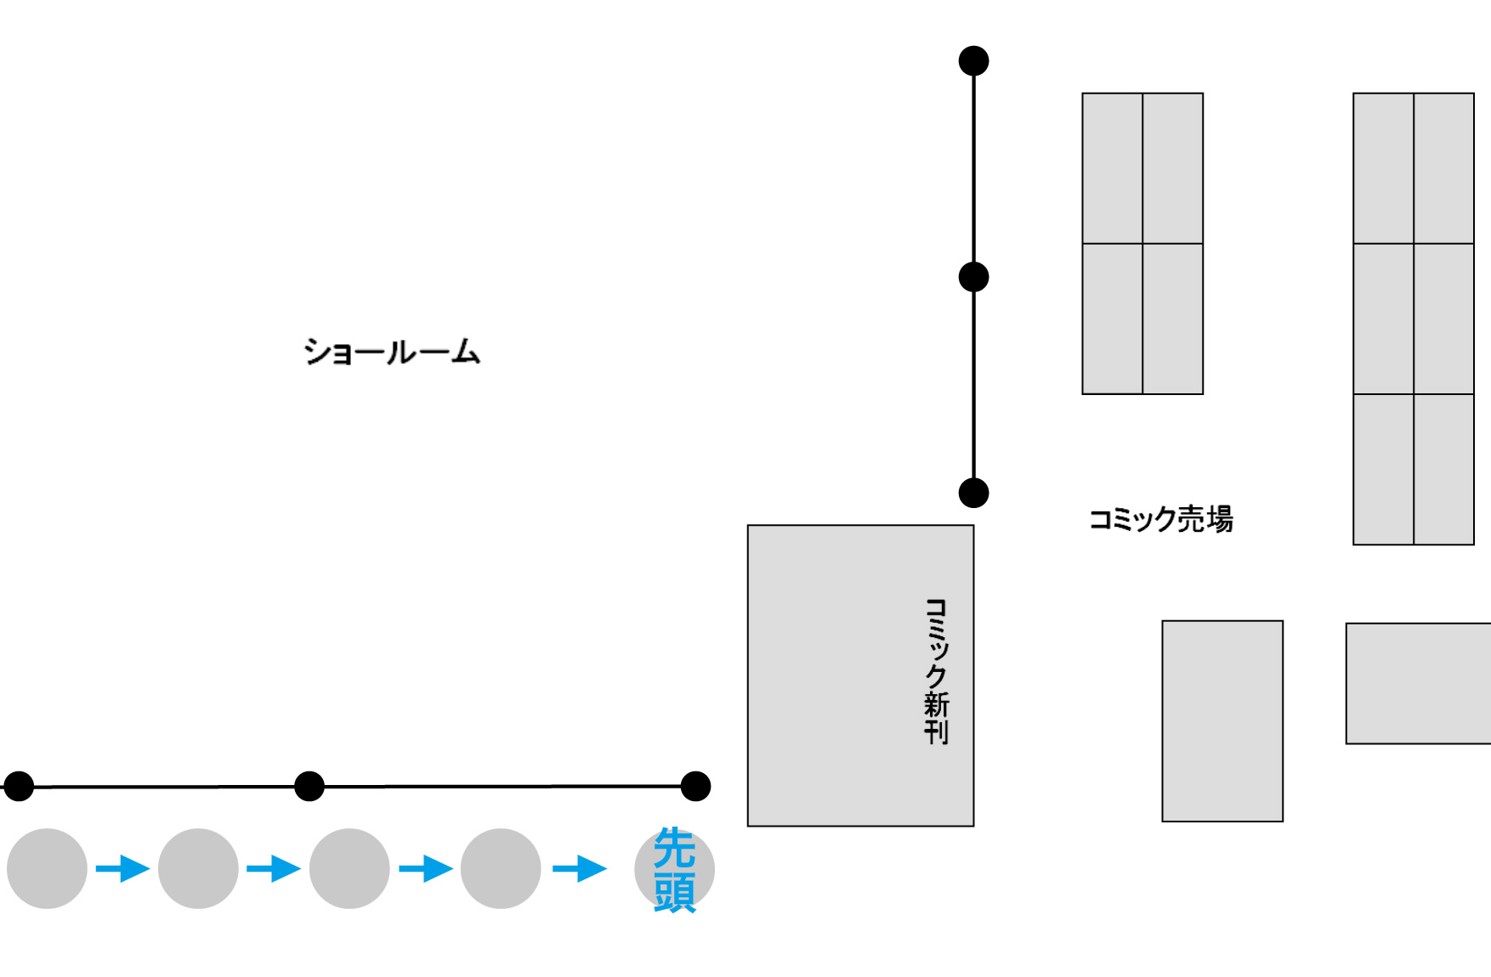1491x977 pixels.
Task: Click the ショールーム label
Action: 392,351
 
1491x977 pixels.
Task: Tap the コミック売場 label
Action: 1160,519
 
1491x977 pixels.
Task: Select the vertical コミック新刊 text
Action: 936,671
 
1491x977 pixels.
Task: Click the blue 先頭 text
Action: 674,870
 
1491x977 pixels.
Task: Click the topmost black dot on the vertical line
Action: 973,61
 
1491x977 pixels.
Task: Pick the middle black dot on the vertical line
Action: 973,277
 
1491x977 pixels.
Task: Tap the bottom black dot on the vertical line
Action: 973,493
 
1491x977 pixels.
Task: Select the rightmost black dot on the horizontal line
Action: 695,787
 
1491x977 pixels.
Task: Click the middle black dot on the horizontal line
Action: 309,787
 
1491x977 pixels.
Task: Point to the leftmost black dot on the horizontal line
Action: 19,787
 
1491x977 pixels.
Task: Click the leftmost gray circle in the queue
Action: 47,868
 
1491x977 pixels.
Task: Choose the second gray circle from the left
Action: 198,868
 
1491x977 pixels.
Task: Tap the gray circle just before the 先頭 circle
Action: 501,868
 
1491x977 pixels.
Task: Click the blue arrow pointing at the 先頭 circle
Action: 580,868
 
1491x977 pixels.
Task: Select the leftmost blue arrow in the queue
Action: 122,868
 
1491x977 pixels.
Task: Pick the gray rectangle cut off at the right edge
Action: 1418,684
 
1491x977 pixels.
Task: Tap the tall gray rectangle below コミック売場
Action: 1222,721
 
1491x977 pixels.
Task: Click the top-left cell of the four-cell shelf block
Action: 1112,168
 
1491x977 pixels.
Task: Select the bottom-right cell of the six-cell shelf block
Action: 1443,469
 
